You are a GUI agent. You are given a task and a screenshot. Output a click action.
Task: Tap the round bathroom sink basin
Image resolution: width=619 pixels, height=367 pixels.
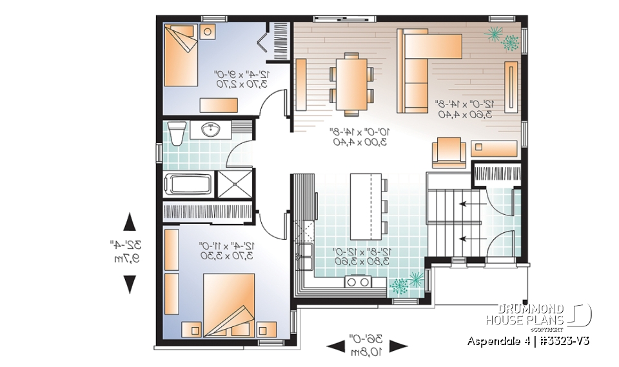[x=210, y=130]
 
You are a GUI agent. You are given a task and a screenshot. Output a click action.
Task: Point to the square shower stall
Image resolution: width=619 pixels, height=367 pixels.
[x=233, y=183]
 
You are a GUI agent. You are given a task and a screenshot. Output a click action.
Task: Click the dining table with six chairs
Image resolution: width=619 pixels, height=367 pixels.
[x=352, y=80]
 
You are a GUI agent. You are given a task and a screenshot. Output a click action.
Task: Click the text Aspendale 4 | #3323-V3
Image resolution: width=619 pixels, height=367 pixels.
[x=529, y=340]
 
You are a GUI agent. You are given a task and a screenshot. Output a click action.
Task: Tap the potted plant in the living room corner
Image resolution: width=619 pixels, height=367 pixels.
[x=504, y=38]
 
